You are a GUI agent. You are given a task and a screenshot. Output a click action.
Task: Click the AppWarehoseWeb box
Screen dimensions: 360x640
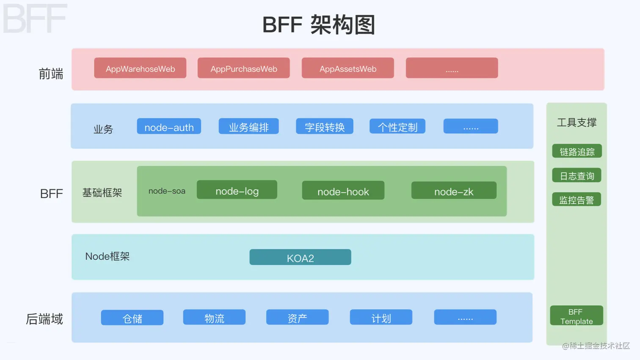pyautogui.click(x=140, y=68)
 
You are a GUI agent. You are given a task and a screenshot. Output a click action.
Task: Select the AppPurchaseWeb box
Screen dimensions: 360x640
pyautogui.click(x=243, y=68)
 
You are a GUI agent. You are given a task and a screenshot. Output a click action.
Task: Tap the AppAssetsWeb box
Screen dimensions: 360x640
pyautogui.click(x=348, y=68)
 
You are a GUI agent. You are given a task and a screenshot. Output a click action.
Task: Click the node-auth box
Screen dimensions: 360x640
pyautogui.click(x=169, y=126)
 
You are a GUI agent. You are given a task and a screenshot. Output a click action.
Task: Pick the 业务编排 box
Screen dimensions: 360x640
pyautogui.click(x=248, y=126)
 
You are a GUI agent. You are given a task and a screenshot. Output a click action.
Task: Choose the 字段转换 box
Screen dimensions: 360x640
pyautogui.click(x=324, y=126)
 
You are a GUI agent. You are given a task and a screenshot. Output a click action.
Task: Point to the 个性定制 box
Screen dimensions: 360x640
pyautogui.click(x=397, y=126)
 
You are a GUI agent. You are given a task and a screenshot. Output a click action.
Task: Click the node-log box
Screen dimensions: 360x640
pyautogui.click(x=237, y=190)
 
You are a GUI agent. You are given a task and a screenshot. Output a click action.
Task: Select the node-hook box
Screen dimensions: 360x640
pyautogui.click(x=343, y=191)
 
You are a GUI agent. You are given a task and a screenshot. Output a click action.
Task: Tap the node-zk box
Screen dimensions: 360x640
pyautogui.click(x=454, y=191)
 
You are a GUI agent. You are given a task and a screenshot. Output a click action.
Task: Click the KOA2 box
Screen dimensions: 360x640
pyautogui.click(x=300, y=257)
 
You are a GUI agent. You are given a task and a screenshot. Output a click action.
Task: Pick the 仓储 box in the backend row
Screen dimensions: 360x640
pyautogui.click(x=132, y=318)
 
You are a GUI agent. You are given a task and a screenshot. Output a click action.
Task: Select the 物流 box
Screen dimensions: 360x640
pyautogui.click(x=214, y=317)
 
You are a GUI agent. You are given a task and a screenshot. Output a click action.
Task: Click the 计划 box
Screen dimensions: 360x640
pyautogui.click(x=381, y=317)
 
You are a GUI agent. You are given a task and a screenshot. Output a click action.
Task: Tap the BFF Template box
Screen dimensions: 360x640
pyautogui.click(x=576, y=316)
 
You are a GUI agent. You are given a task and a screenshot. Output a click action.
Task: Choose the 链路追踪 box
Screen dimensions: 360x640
pyautogui.click(x=577, y=151)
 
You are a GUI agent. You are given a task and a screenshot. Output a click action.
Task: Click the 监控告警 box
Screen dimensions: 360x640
pyautogui.click(x=577, y=200)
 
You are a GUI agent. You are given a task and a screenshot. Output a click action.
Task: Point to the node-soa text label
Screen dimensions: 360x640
pyautogui.click(x=167, y=191)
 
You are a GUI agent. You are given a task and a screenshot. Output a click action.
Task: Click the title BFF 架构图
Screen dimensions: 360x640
pyautogui.click(x=319, y=25)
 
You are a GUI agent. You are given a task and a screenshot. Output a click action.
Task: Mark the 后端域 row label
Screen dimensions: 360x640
pyautogui.click(x=44, y=319)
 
